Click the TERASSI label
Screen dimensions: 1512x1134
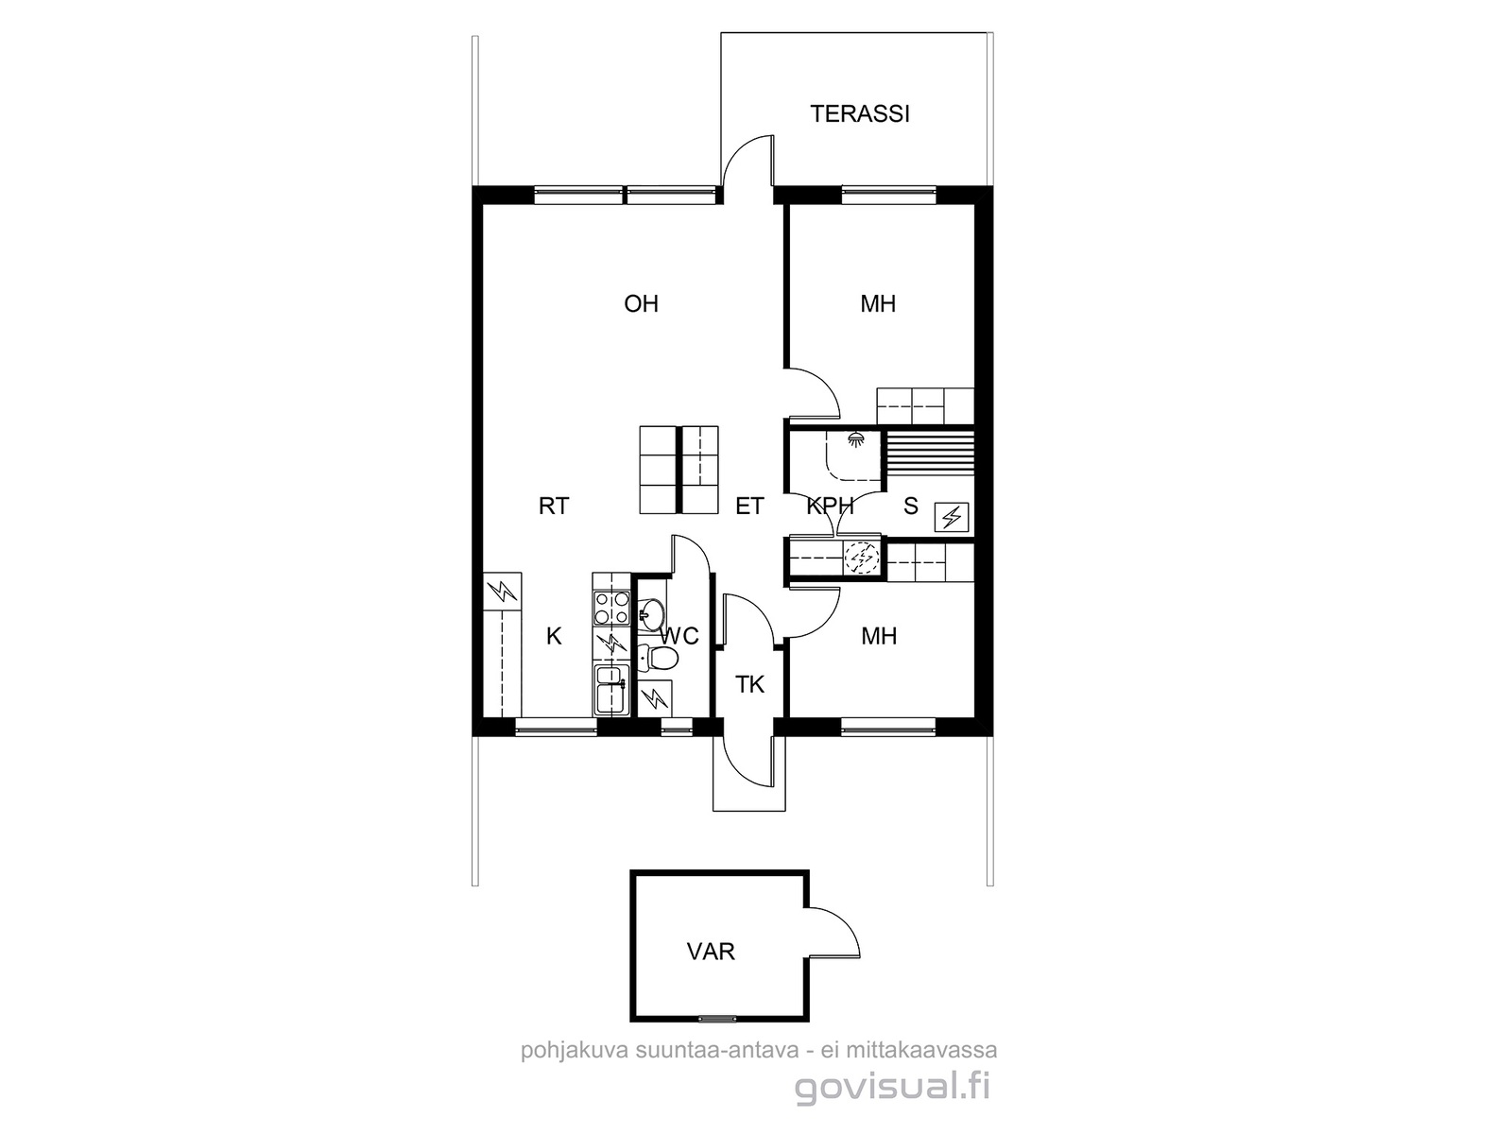(x=859, y=113)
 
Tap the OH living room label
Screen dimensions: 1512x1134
(x=641, y=303)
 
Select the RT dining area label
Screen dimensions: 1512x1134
(x=554, y=507)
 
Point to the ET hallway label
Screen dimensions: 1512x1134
(x=749, y=507)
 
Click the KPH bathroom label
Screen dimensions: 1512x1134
(x=830, y=507)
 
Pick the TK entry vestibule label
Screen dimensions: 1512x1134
(x=749, y=684)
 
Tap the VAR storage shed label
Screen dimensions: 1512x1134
(x=711, y=952)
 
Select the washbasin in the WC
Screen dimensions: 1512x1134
(x=650, y=611)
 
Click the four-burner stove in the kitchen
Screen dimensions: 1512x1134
(x=611, y=609)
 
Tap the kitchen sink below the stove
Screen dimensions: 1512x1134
(x=611, y=690)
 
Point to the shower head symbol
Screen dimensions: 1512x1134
(x=855, y=438)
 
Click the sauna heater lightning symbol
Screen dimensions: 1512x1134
(x=952, y=517)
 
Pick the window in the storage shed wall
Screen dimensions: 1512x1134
(x=716, y=1019)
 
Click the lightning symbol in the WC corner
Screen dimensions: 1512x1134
(x=655, y=699)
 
